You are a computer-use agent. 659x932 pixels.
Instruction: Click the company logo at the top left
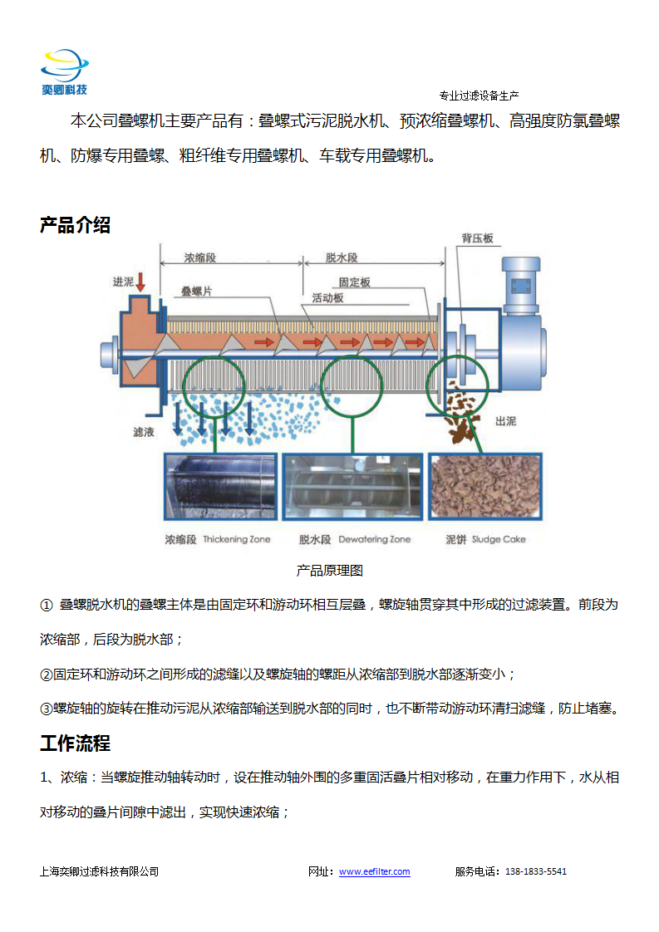pos(64,72)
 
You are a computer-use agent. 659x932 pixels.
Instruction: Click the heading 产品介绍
pos(75,225)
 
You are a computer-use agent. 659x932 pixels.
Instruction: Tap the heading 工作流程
pos(75,743)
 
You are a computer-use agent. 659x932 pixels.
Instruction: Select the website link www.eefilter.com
pos(374,871)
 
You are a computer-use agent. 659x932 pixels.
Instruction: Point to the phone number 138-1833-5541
pos(536,871)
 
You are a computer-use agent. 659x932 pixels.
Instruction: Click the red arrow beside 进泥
pos(140,282)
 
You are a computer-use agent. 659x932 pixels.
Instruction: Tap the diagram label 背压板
pos(478,238)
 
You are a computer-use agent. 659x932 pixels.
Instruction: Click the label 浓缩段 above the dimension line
pos(199,258)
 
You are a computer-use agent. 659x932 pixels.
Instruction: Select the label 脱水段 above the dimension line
pos(342,258)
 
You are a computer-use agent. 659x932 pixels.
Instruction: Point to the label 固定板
pos(355,282)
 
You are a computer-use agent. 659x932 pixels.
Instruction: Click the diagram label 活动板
pos(327,297)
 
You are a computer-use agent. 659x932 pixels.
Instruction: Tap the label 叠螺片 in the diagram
pos(196,292)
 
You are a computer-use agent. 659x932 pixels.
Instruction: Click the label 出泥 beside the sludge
pos(505,421)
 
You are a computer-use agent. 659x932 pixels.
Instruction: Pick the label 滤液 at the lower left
pos(143,431)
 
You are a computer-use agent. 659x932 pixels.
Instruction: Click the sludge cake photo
pos(485,486)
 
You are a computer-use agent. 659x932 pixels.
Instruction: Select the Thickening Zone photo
pos(221,486)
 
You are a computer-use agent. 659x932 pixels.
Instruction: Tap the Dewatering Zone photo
pos(352,486)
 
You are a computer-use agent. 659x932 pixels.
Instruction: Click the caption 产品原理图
pos(329,571)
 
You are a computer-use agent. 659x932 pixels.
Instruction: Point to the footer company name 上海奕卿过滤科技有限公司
pos(100,871)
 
